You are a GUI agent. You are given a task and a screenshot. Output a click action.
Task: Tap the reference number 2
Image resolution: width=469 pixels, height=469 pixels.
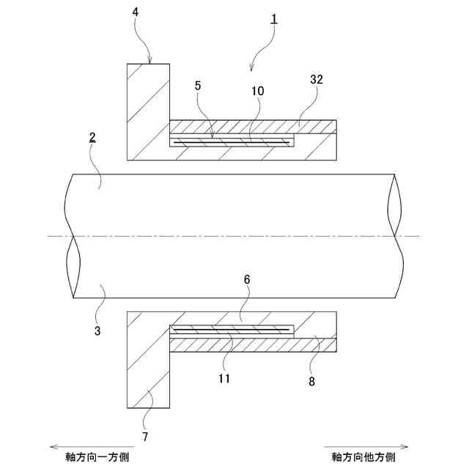tap(92, 137)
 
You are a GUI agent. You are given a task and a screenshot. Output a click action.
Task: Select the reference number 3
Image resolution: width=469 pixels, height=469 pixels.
tap(97, 331)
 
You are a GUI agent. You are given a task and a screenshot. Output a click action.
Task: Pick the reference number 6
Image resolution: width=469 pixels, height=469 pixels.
tap(247, 281)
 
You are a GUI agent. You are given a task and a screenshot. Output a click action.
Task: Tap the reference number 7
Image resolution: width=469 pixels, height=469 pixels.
tap(144, 437)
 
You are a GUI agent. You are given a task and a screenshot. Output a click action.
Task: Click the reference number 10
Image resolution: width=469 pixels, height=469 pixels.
tap(258, 92)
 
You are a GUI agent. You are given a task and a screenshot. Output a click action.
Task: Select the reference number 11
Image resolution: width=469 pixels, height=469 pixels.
tap(224, 379)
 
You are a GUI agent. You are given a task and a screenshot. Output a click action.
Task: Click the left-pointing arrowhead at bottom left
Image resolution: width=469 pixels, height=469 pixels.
tap(49, 446)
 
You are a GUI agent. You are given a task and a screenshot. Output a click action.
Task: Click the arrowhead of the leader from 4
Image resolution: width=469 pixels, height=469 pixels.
tap(149, 62)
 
